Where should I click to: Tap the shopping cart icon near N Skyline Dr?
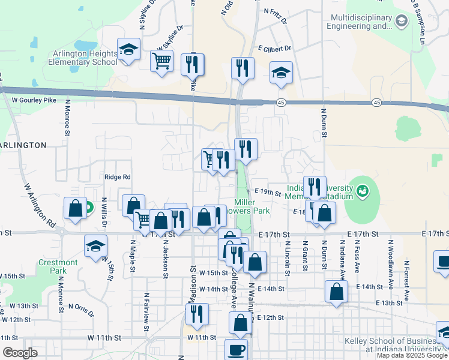pyautogui.click(x=161, y=61)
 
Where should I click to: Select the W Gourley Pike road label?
pyautogui.click(x=29, y=100)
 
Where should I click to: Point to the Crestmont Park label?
pyautogui.click(x=58, y=266)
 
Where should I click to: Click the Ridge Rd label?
pyautogui.click(x=117, y=177)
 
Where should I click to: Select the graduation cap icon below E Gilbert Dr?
pyautogui.click(x=281, y=73)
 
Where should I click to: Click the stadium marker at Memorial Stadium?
pyautogui.click(x=362, y=191)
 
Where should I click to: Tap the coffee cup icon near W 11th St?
pyautogui.click(x=236, y=349)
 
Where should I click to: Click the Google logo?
pyautogui.click(x=20, y=353)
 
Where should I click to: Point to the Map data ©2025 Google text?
pyautogui.click(x=411, y=355)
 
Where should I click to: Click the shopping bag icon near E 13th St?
pyautogui.click(x=337, y=292)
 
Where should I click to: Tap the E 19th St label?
pyautogui.click(x=268, y=193)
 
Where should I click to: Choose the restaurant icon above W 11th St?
pyautogui.click(x=196, y=313)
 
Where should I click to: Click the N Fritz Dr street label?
pyautogui.click(x=276, y=11)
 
